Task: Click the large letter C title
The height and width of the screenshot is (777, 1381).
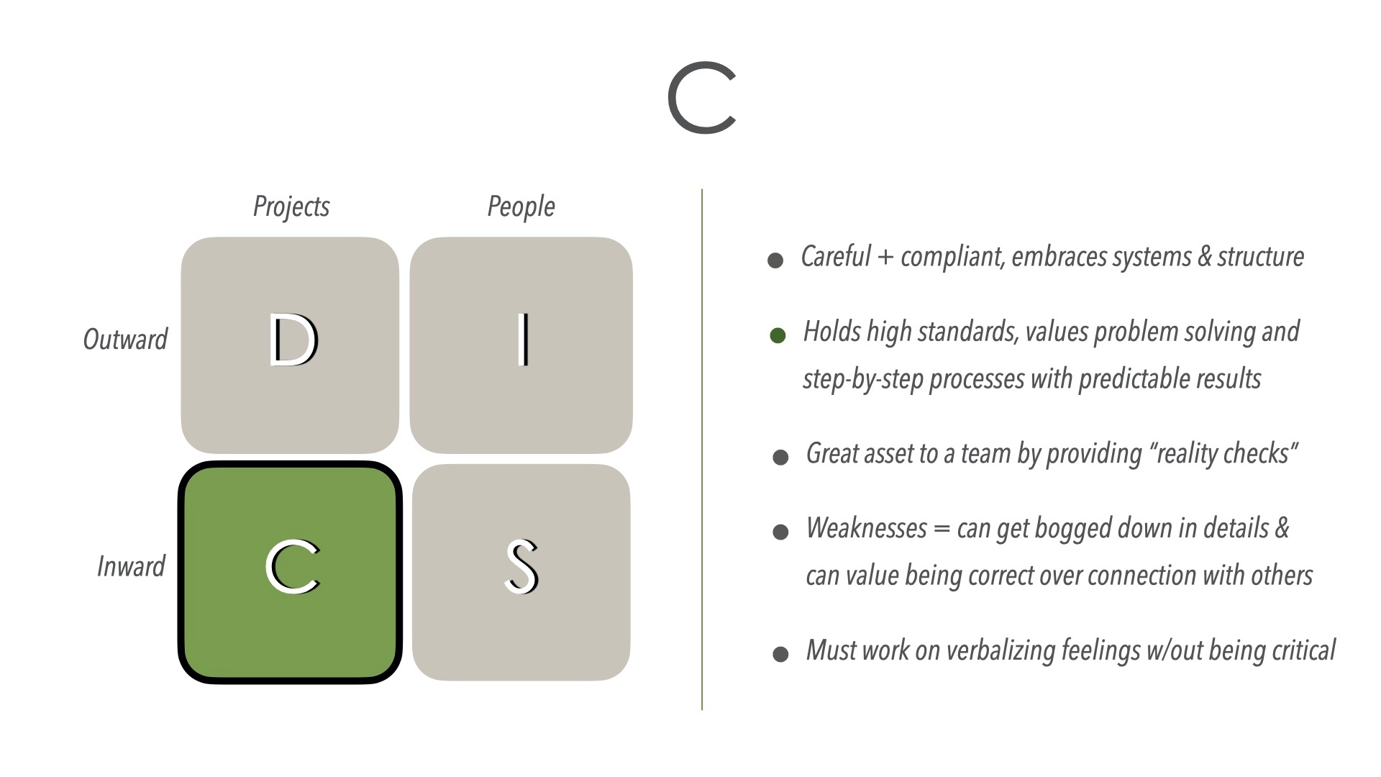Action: tap(702, 98)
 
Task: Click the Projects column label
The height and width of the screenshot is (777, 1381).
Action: tap(291, 206)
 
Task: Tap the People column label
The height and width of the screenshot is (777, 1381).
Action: tap(521, 206)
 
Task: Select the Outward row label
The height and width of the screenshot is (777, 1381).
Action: tap(125, 339)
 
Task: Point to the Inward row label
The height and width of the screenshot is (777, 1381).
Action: tap(131, 566)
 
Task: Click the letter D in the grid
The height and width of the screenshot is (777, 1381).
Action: tap(293, 340)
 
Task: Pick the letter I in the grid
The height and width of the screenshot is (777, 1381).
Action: tap(523, 340)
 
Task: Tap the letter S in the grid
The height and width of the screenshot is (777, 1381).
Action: tap(521, 567)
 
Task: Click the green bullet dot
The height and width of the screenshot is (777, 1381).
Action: tap(778, 335)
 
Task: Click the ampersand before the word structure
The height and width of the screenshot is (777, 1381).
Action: tap(1204, 257)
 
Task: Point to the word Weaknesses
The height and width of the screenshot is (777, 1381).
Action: tap(867, 529)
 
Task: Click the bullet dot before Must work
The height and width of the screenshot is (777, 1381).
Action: tap(780, 654)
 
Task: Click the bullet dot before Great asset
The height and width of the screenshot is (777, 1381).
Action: tap(780, 458)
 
